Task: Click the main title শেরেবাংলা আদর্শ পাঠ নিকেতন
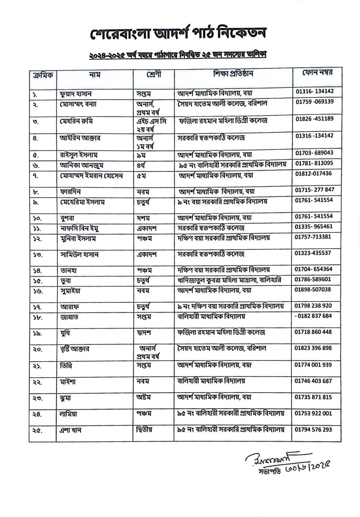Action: pos(178,34)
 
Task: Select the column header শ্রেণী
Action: pos(153,74)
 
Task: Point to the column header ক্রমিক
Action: pos(42,75)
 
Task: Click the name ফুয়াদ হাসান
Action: pos(75,94)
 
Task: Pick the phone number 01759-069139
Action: pos(315,102)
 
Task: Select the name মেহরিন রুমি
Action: pos(76,121)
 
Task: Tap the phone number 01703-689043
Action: pos(314,153)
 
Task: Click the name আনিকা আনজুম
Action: pos(82,165)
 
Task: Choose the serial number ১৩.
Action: pos(38,255)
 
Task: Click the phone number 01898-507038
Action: pos(312,290)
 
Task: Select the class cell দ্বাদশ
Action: pos(144,333)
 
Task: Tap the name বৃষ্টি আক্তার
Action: pos(74,349)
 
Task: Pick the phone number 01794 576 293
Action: pos(313,429)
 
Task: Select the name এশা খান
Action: pos(70,430)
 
